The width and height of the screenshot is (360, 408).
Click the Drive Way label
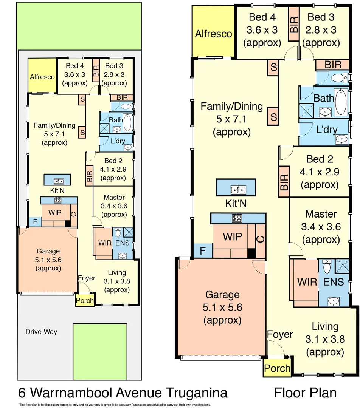(41, 332)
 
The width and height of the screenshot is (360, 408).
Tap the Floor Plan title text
(305, 393)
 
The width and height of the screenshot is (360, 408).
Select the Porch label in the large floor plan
(277, 368)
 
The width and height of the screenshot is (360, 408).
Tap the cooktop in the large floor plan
(237, 218)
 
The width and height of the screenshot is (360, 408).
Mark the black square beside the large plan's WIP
(251, 253)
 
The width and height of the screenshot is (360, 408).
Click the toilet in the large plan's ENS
(327, 267)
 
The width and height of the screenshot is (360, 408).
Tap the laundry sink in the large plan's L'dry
(343, 139)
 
